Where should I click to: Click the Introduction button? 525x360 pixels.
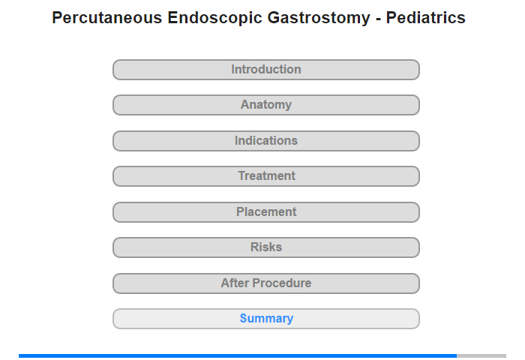click(266, 70)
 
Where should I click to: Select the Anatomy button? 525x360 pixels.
click(266, 105)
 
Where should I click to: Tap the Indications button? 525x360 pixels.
click(266, 141)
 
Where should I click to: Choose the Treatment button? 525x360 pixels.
click(266, 176)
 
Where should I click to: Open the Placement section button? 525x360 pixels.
click(266, 212)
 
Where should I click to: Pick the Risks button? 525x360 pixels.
click(266, 247)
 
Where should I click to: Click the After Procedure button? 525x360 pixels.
click(266, 283)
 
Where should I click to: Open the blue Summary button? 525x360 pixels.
click(266, 319)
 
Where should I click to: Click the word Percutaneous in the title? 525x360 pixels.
click(107, 18)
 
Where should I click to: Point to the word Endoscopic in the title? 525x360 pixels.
click(214, 19)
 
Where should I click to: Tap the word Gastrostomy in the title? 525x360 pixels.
click(319, 19)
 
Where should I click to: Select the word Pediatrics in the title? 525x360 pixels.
click(425, 18)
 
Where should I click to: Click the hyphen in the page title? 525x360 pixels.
click(378, 19)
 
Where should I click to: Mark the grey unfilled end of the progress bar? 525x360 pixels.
click(481, 355)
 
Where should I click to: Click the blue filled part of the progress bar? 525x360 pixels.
click(238, 355)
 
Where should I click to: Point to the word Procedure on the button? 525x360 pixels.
click(282, 283)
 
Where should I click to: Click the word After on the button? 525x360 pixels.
click(235, 283)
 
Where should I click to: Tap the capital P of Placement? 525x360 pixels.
click(240, 212)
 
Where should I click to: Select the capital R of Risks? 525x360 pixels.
click(254, 247)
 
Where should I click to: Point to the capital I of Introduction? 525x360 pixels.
click(233, 69)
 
